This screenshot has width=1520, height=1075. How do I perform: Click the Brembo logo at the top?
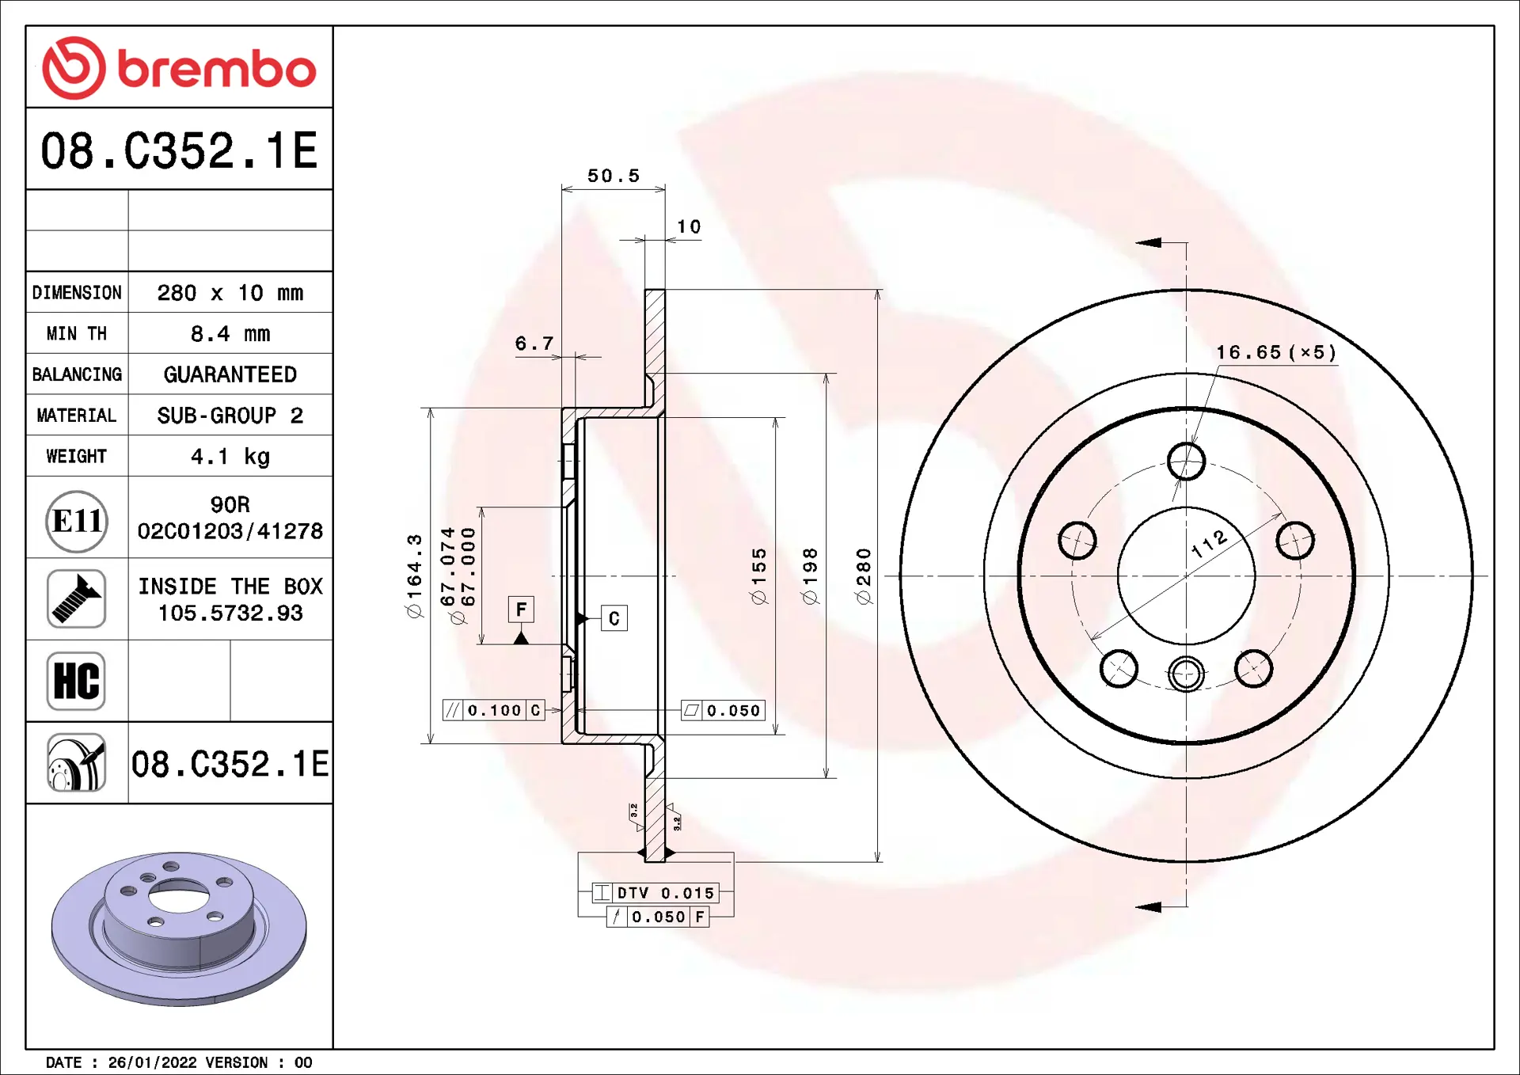pos(179,68)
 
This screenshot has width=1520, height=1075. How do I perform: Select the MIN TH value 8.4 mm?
pos(230,334)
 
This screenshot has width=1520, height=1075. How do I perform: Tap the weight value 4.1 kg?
pos(230,457)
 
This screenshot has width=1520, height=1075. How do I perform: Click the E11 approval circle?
pos(77,521)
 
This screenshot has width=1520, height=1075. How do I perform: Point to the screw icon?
pos(77,598)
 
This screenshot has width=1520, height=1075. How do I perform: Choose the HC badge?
pos(76,681)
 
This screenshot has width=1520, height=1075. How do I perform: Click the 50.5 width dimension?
pos(614,176)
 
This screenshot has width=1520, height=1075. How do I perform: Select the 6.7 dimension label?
pos(534,344)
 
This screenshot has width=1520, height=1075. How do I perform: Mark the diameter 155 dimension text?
pos(758,576)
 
